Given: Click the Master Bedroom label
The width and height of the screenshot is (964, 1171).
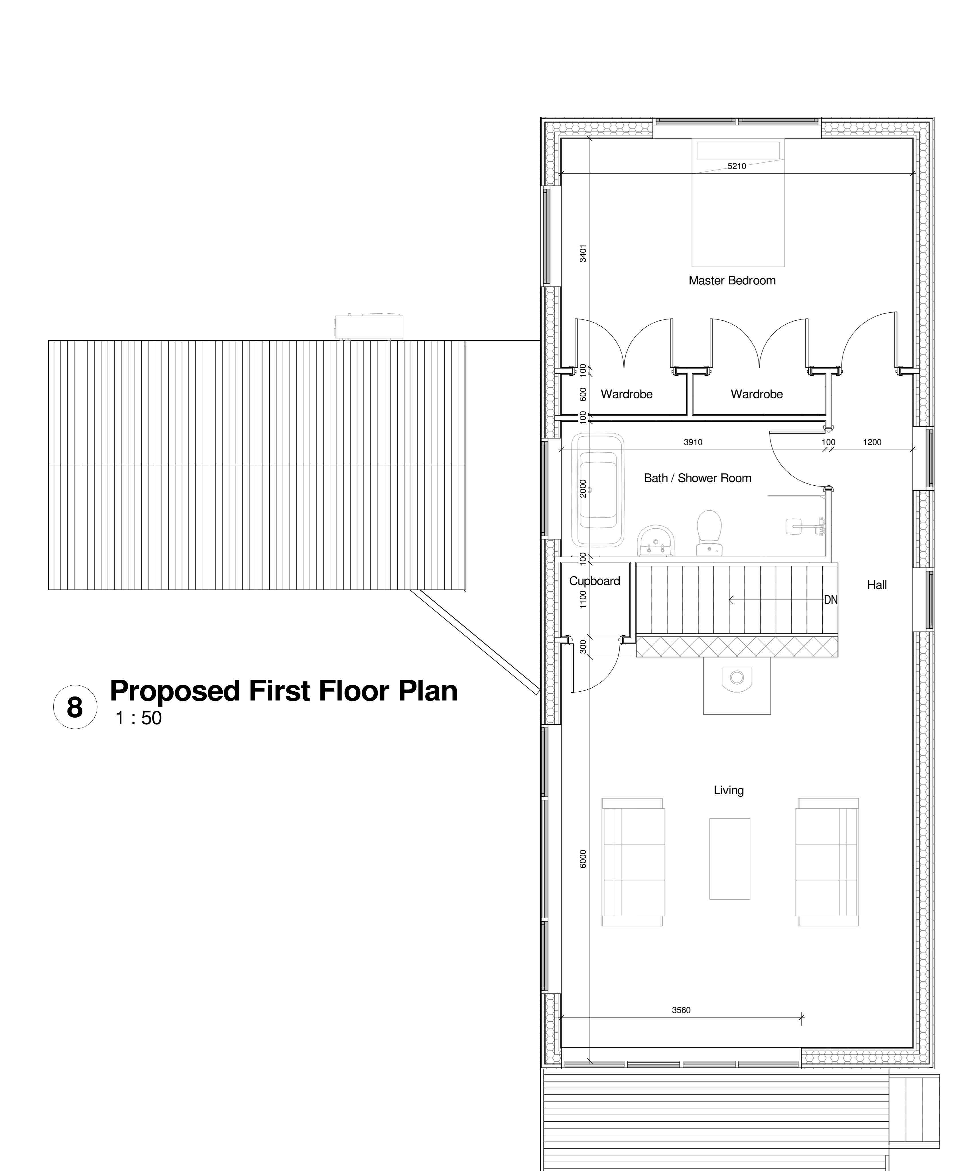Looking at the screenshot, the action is (x=732, y=280).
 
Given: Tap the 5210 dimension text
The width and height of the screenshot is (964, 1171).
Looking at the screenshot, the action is (x=737, y=166).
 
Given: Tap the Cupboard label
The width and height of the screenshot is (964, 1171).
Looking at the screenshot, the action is (x=595, y=581).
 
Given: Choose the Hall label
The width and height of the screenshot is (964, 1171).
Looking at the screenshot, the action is (x=877, y=585).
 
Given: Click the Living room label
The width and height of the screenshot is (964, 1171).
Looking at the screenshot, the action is (x=729, y=790).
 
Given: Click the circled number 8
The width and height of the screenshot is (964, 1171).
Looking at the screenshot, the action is (x=75, y=707).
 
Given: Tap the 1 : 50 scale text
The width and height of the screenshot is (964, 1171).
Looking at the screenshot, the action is (x=138, y=718).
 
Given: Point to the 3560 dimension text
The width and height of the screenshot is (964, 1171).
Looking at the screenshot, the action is (x=681, y=1010).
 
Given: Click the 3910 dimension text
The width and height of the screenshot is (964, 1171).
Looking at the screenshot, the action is (x=693, y=442).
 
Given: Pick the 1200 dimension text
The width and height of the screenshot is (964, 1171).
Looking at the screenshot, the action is (x=873, y=442).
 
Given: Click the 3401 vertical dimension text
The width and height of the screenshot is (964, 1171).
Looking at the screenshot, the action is (x=583, y=253).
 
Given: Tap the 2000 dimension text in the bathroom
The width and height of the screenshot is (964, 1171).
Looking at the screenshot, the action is (x=583, y=489).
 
